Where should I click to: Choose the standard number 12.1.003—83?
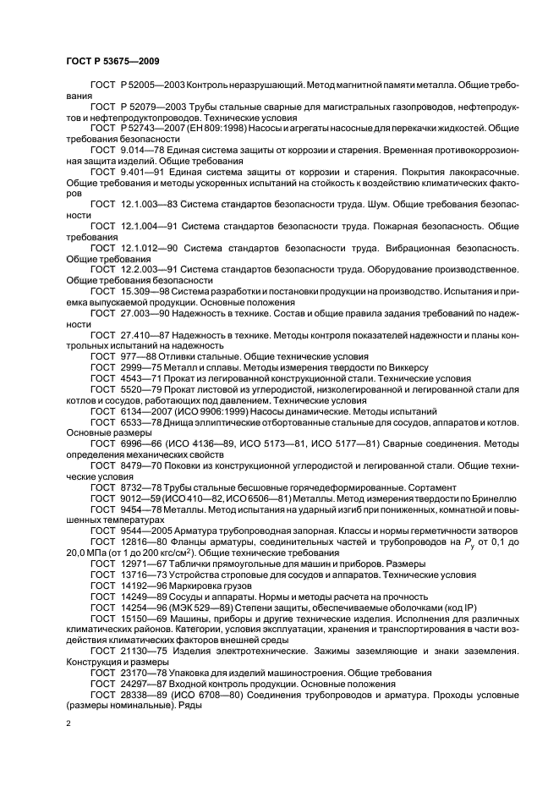click(x=156, y=204)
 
